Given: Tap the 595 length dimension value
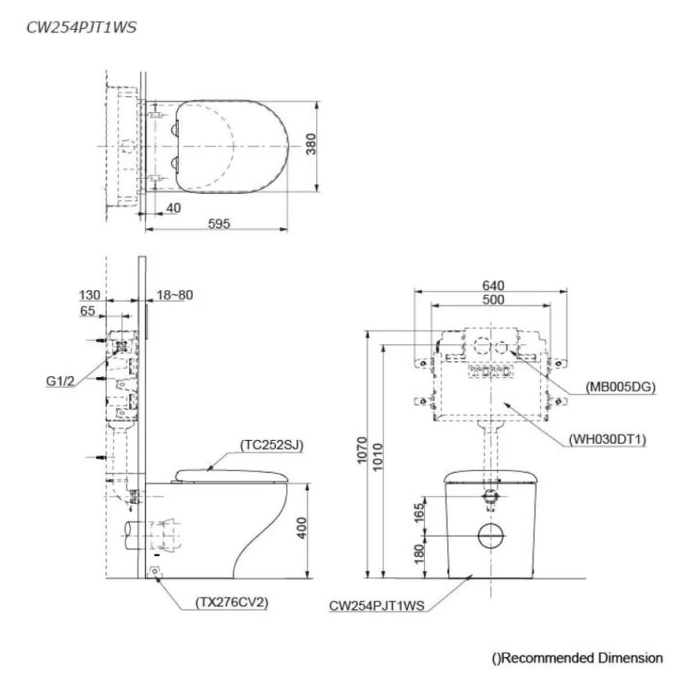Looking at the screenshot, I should [218, 224].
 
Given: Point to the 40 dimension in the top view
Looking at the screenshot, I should [173, 208].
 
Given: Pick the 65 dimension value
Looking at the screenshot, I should [88, 311].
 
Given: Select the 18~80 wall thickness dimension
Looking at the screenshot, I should [174, 295].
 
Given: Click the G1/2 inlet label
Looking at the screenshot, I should [61, 381].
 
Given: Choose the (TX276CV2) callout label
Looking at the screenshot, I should [232, 603].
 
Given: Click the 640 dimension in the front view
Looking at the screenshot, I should [492, 285].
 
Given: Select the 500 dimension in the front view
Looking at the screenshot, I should [492, 300].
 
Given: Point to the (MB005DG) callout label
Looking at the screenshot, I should [620, 386].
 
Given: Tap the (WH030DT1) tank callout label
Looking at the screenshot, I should [609, 439].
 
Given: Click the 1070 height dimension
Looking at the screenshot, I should [361, 454].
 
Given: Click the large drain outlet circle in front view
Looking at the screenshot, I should [492, 536].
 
